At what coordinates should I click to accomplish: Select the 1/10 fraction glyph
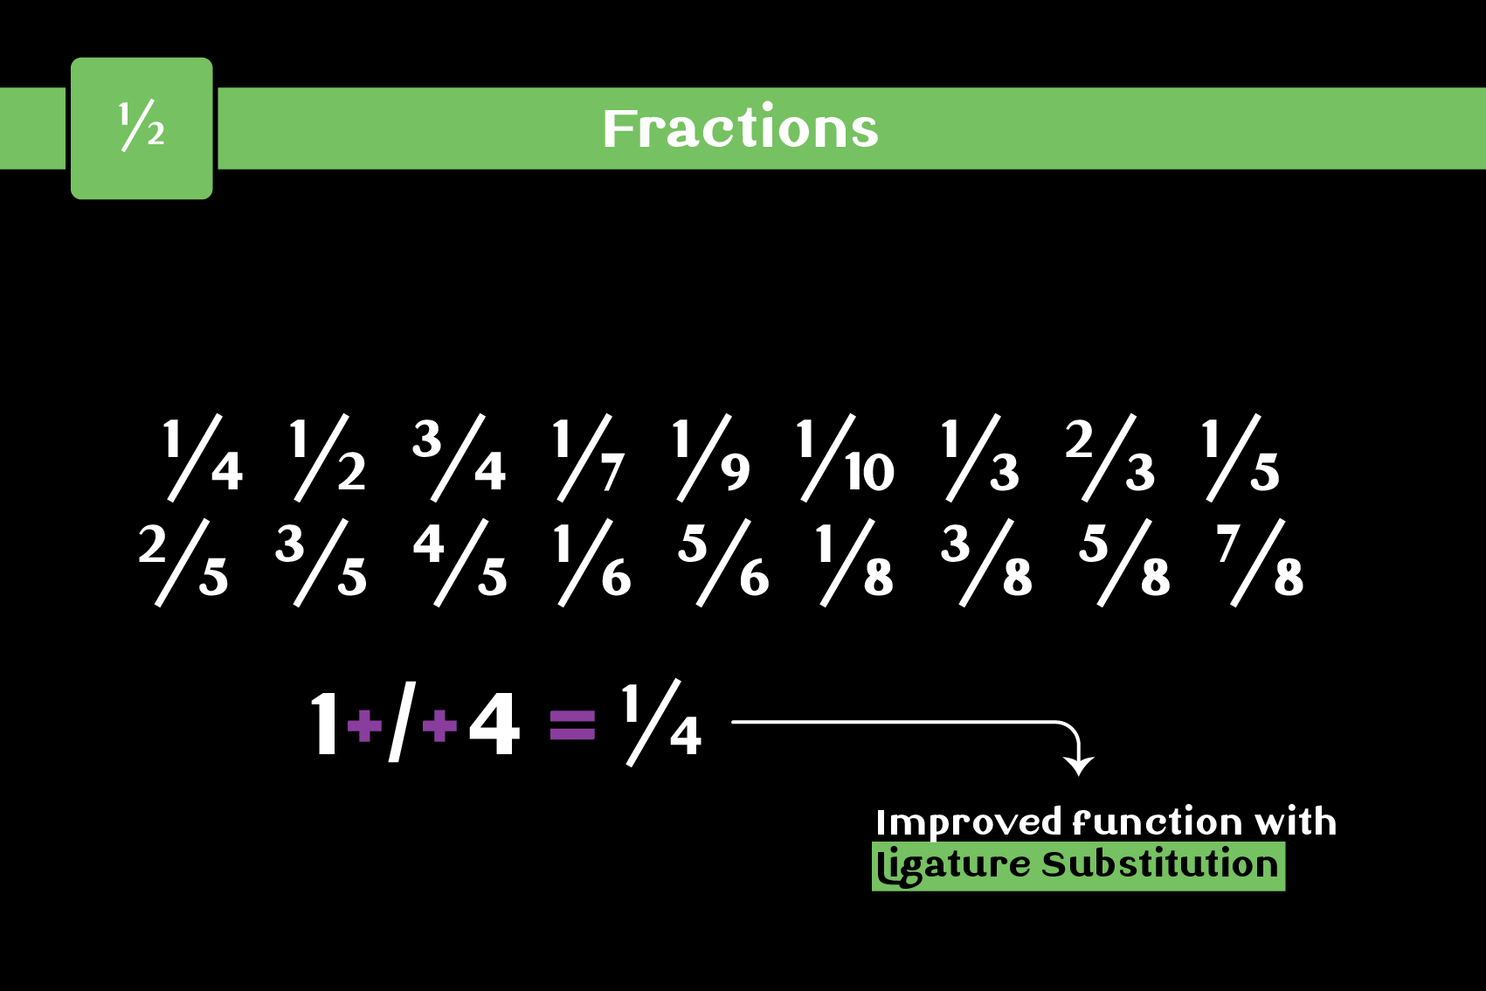coord(844,458)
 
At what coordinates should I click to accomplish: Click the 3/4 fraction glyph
coord(459,458)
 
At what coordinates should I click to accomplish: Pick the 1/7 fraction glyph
coord(589,458)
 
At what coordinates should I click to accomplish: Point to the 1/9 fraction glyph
coord(711,458)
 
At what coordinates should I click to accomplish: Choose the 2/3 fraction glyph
coord(1109,458)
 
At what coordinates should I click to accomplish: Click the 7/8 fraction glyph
coord(1260,563)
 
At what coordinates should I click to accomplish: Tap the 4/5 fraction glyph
coord(460,563)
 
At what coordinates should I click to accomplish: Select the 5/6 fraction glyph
coord(723,563)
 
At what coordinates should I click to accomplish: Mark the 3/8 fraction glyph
coord(986,563)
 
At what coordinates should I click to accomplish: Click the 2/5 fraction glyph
coord(183,563)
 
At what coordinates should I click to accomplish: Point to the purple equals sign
coord(572,724)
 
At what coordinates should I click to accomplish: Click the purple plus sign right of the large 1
coord(364,724)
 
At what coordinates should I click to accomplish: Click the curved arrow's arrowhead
coord(1079,765)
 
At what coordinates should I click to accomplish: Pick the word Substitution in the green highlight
coord(1159,865)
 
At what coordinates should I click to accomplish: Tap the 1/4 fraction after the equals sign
coord(662,723)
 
